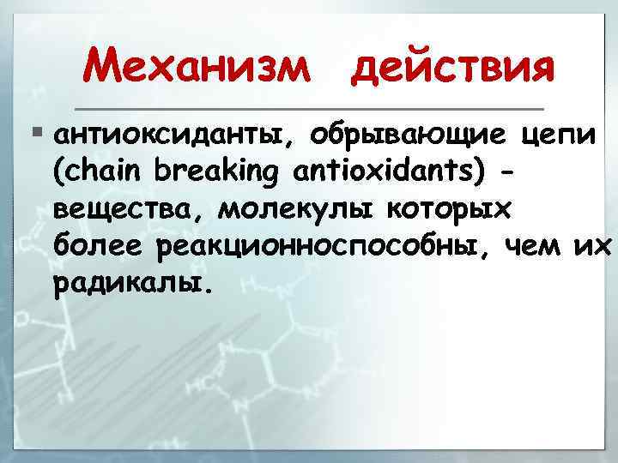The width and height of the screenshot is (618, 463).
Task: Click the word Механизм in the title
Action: point(197,67)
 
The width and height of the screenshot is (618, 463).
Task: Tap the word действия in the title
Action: point(451,67)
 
